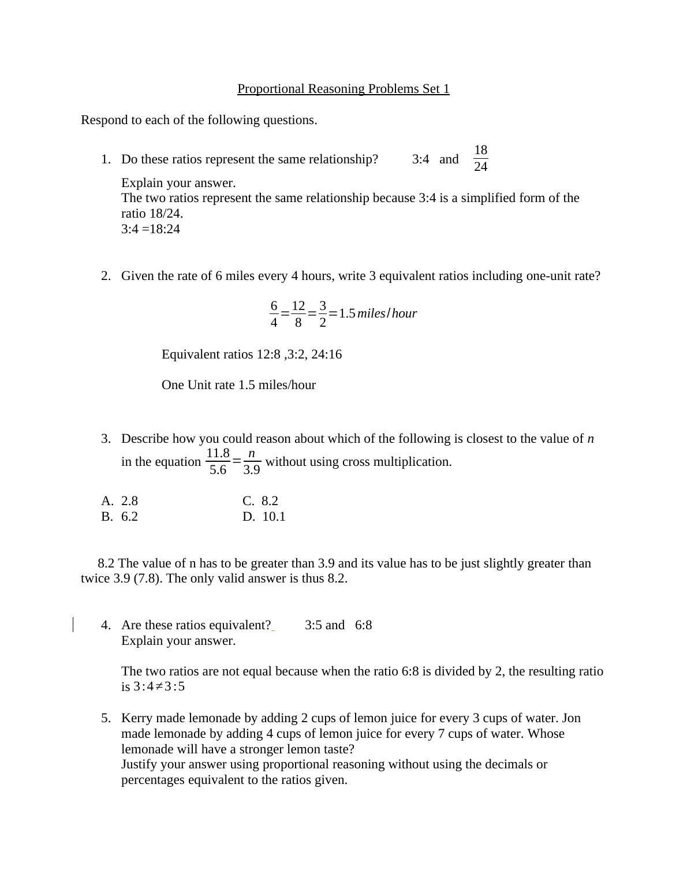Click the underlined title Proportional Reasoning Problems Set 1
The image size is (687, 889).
click(x=343, y=89)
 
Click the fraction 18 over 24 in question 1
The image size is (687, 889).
click(x=480, y=159)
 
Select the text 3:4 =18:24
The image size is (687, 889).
click(x=151, y=229)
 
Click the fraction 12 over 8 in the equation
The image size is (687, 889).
click(x=298, y=314)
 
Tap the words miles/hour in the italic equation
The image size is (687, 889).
click(x=387, y=313)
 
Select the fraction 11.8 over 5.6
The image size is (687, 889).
click(x=218, y=461)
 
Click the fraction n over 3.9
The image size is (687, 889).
click(x=252, y=461)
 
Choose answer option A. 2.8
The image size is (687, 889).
click(x=120, y=501)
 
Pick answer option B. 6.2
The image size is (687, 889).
click(x=120, y=517)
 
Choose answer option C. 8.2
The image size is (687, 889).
click(x=261, y=501)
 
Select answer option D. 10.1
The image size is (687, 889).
click(x=264, y=517)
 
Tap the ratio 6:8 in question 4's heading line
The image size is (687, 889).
click(x=363, y=625)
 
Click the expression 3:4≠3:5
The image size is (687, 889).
click(x=159, y=687)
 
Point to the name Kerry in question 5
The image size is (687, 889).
click(x=137, y=718)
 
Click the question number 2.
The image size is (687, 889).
click(x=106, y=276)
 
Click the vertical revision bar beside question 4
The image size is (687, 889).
click(x=73, y=625)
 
